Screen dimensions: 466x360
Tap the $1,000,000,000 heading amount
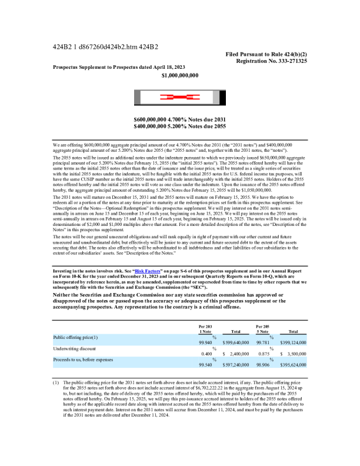pyautogui.click(x=180, y=76)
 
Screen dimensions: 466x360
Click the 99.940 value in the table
pyautogui.click(x=205, y=342)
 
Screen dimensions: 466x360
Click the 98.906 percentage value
pyautogui.click(x=262, y=365)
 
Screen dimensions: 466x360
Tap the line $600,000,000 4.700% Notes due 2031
pyautogui.click(x=180, y=119)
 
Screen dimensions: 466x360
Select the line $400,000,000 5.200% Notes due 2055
pyautogui.click(x=180, y=126)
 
